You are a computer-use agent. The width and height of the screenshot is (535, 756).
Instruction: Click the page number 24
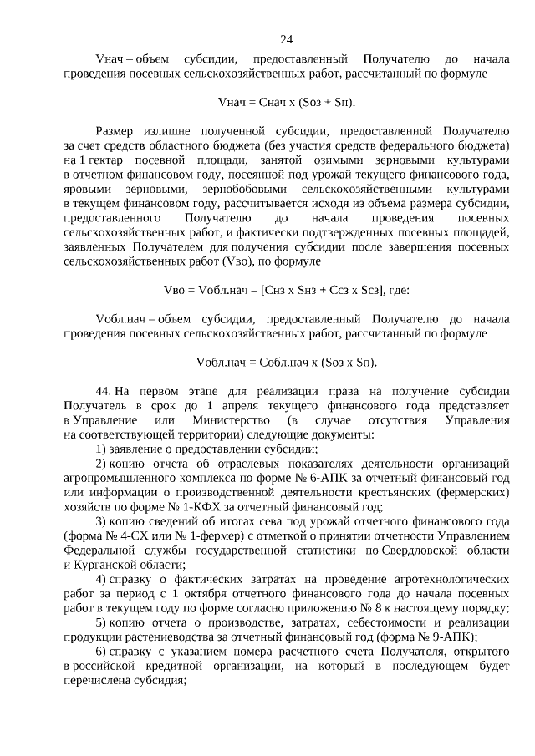(x=286, y=39)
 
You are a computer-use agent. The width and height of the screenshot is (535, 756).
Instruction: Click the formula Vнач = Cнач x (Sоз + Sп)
(x=286, y=102)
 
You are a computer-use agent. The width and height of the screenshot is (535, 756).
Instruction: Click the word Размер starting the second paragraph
(x=120, y=131)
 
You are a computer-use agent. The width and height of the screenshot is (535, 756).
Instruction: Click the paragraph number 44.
(x=104, y=391)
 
